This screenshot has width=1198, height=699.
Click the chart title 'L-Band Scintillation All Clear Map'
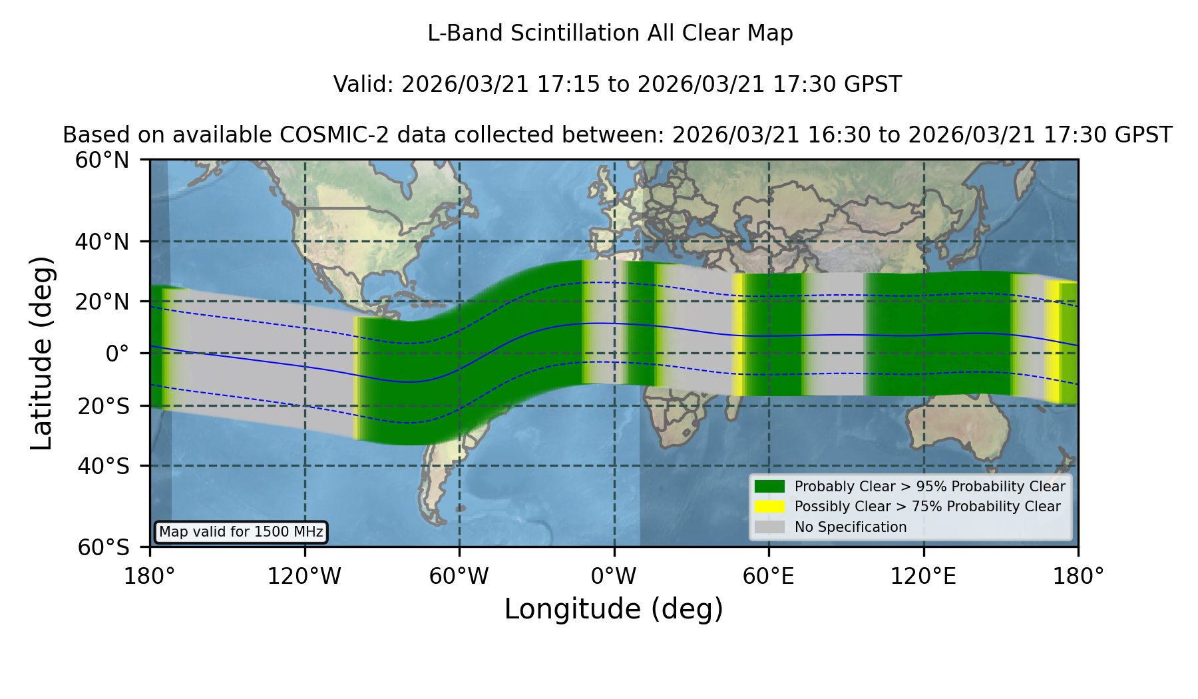click(x=610, y=33)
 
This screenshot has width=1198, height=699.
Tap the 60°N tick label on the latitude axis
click(x=102, y=160)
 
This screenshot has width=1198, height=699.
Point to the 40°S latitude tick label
click(x=103, y=466)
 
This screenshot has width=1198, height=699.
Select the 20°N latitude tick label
click(x=102, y=302)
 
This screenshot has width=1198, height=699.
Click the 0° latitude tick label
click(x=117, y=353)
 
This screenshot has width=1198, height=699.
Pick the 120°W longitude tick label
click(x=304, y=577)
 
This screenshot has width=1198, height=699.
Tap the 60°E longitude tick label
click(x=769, y=577)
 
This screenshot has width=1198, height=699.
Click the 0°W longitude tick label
click(x=614, y=577)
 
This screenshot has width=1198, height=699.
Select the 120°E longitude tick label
click(x=923, y=577)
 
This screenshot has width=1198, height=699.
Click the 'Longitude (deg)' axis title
click(x=614, y=609)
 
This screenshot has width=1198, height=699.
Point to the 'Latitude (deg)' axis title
click(x=42, y=353)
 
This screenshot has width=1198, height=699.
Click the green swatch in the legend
click(x=770, y=487)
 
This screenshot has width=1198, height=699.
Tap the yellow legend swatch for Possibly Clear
click(x=770, y=507)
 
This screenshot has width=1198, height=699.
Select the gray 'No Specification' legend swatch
click(x=770, y=527)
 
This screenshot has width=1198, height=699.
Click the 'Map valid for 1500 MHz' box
click(x=241, y=532)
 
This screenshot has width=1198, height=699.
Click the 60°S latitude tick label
click(x=103, y=547)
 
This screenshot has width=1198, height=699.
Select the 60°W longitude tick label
click(x=459, y=577)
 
